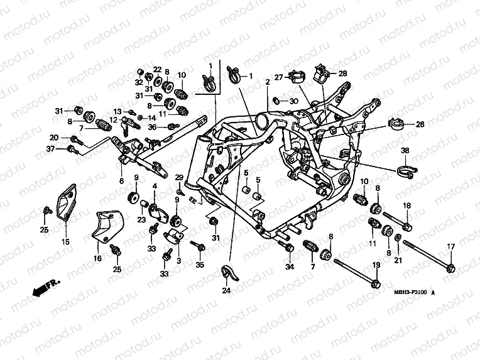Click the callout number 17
[x=450, y=246]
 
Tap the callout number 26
[x=420, y=124]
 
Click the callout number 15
[x=65, y=241]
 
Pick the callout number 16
[x=97, y=258]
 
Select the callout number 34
[x=289, y=268]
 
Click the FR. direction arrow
[x=43, y=288]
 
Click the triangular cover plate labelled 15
[x=65, y=201]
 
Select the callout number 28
[x=342, y=74]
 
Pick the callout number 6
[x=121, y=181]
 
